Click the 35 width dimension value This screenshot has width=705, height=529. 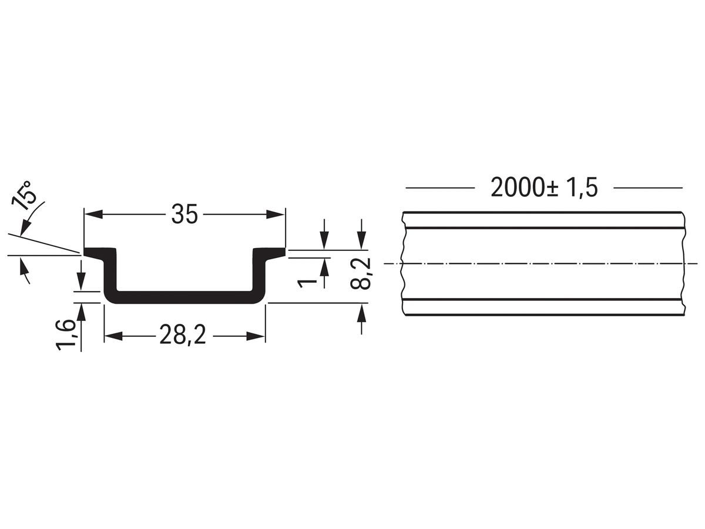click(x=184, y=215)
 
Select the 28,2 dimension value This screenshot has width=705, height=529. click(x=183, y=336)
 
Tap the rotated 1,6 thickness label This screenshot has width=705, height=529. click(x=66, y=334)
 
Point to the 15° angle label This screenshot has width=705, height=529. click(x=27, y=196)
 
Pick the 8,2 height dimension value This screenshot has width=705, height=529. click(x=361, y=274)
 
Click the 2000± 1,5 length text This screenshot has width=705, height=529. click(x=544, y=188)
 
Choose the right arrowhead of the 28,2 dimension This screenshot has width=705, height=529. click(x=256, y=336)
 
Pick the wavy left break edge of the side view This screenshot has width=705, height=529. click(x=402, y=263)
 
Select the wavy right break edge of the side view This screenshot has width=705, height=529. click(x=684, y=263)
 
